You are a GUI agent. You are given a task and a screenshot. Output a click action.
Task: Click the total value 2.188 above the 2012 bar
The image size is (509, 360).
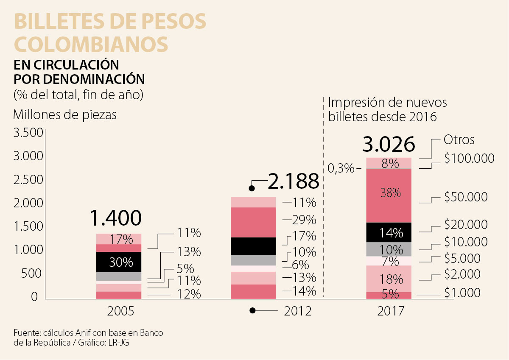pos(293,181)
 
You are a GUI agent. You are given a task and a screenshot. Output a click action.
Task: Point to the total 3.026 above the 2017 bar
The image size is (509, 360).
pos(389,145)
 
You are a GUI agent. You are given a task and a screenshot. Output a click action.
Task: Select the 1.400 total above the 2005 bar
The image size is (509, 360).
pos(115,218)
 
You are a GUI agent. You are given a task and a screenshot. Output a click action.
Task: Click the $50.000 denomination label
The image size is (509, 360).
pos(466,197)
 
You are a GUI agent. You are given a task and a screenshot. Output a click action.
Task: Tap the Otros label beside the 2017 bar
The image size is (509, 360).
pos(459,140)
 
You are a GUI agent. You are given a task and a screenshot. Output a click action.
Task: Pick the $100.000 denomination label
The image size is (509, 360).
pos(469,159)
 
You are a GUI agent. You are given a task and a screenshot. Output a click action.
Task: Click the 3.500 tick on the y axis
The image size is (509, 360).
pos(28,133)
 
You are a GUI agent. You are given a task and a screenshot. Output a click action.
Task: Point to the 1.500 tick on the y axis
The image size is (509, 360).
pos(28,227)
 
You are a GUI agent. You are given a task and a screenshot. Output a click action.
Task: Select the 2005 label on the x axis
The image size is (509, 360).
pos(120,311)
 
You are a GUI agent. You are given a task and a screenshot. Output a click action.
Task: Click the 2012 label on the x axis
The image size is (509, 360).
pos(297,311)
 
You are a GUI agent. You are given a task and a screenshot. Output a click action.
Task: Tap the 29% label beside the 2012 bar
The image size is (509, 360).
pos(305,220)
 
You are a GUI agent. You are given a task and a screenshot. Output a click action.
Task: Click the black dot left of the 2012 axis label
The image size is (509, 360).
pos(253,311)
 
